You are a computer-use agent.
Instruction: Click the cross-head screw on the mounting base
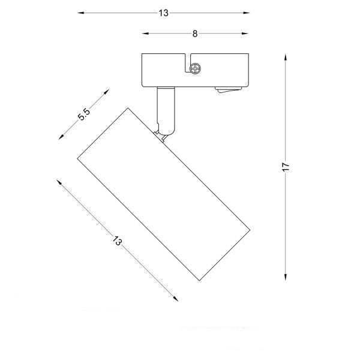tap(195, 70)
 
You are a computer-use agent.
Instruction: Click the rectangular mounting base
tap(192, 70)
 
